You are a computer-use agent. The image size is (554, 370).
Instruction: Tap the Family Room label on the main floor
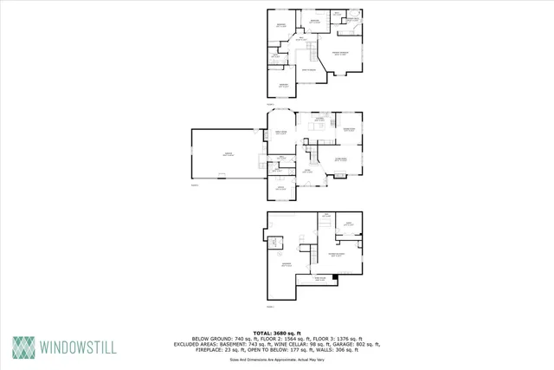click(x=280, y=133)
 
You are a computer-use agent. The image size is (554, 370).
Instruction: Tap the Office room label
click(x=280, y=187)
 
